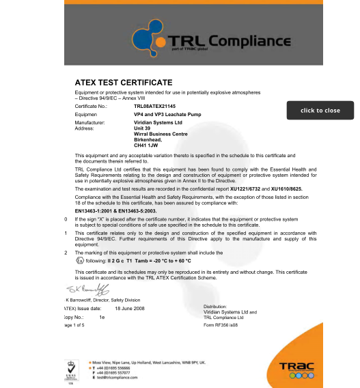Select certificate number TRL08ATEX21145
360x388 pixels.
pos(155,107)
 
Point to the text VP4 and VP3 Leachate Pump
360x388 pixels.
pos(163,115)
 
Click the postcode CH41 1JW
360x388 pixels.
pos(146,145)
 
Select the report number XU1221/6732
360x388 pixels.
pos(247,187)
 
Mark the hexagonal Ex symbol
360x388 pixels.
pos(79,260)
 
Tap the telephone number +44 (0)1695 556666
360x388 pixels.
pos(120,367)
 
